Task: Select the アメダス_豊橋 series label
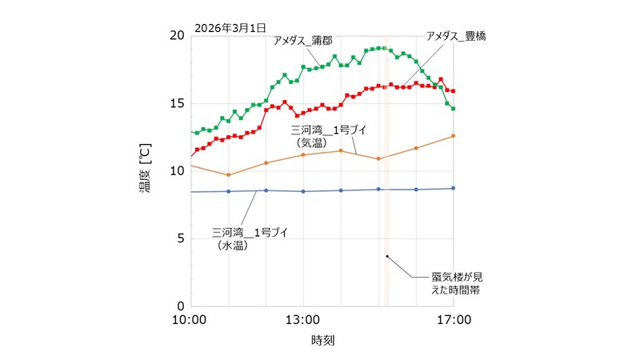pos(457,36)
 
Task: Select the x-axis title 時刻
pos(322,340)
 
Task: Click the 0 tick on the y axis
pos(181,306)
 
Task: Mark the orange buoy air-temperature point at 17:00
pos(453,136)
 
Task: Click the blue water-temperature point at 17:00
pos(453,189)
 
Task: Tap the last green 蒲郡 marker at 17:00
pos(453,109)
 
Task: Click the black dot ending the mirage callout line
pos(387,257)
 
